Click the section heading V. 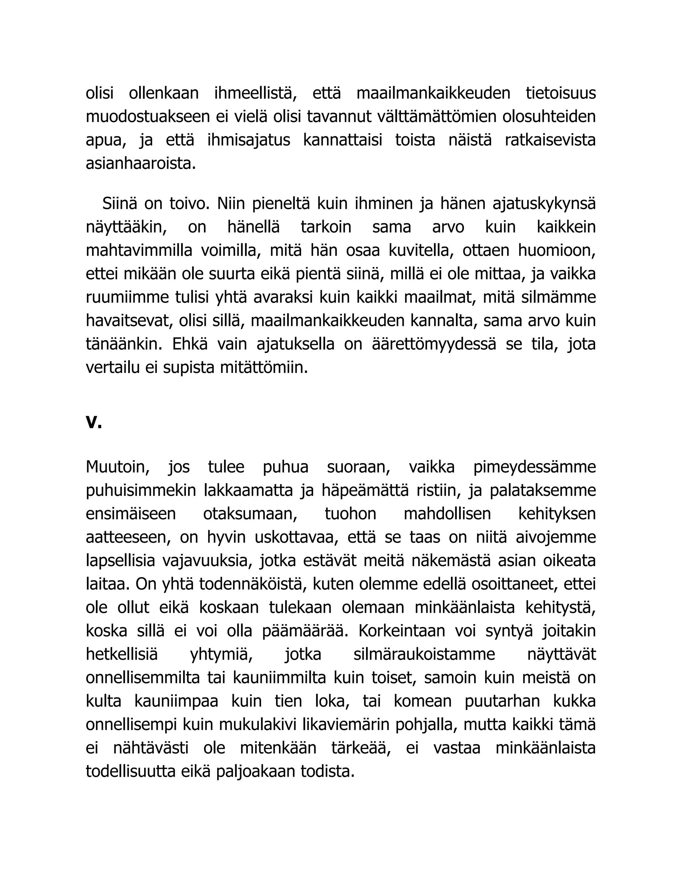94,422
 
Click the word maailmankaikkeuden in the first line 434,93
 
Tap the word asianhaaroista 141,164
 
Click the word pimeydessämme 534,467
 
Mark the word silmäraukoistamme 424,654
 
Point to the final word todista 327,772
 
